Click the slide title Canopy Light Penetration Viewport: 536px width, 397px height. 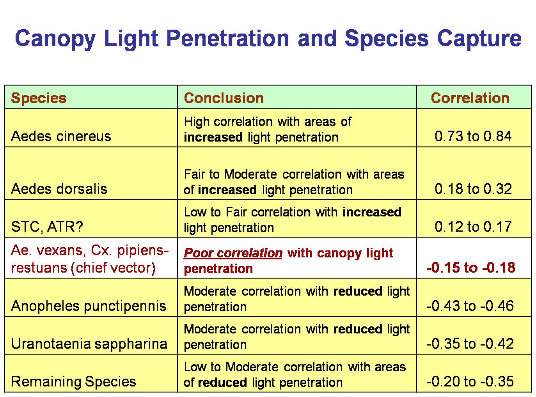[x=268, y=38]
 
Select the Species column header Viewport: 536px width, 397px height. [x=39, y=98]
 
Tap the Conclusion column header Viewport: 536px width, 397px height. [x=224, y=98]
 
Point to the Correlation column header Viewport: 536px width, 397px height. [x=470, y=98]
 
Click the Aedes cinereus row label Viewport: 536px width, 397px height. [x=61, y=136]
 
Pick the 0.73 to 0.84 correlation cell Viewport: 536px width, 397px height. [x=473, y=136]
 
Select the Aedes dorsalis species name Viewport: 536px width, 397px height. [x=59, y=189]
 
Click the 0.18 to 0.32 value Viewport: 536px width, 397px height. [x=473, y=189]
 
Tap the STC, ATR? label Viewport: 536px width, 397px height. [x=47, y=227]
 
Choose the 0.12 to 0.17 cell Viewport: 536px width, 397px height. [x=473, y=227]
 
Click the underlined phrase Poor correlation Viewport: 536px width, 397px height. [x=233, y=253]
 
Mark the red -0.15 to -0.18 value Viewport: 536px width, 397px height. [x=471, y=268]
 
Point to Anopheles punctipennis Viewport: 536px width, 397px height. [x=89, y=306]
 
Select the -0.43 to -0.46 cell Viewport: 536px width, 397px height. [x=470, y=306]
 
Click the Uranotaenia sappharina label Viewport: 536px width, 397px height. [x=89, y=344]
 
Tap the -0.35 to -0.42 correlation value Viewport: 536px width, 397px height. [x=470, y=344]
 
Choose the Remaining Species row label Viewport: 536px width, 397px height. [x=74, y=381]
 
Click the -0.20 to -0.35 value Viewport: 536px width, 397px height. [x=470, y=381]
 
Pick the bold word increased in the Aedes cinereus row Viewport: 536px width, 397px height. [x=213, y=138]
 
